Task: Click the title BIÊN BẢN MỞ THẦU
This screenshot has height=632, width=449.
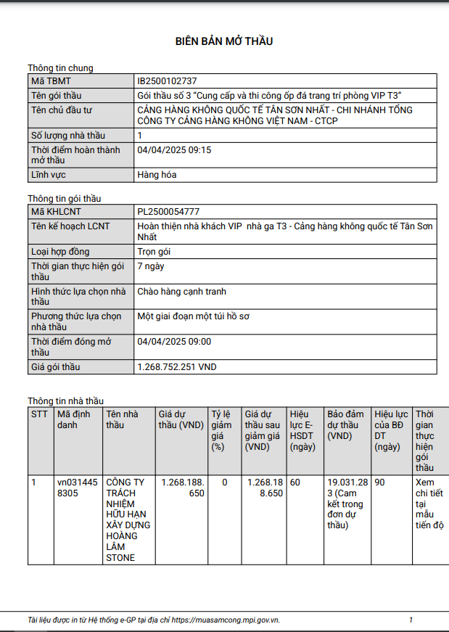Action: click(224, 41)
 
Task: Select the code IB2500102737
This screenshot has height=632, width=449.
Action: click(167, 81)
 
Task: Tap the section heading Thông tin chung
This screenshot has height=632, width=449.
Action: click(60, 68)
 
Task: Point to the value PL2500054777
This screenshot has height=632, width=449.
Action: click(168, 212)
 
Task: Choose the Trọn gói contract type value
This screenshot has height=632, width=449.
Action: click(154, 252)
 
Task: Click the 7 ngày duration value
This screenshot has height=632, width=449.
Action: click(151, 266)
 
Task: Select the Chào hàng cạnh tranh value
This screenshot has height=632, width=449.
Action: click(181, 292)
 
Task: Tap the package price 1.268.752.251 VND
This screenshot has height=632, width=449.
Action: click(177, 367)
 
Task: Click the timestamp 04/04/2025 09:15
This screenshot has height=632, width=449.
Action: click(174, 150)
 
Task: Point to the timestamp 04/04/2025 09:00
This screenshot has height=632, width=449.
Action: click(174, 341)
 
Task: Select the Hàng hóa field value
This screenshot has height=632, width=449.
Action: click(157, 175)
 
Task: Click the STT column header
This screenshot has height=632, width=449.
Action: click(39, 414)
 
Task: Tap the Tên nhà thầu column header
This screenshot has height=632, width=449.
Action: click(122, 419)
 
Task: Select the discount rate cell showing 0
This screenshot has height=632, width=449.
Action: click(225, 482)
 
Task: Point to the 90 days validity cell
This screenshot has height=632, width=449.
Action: click(380, 482)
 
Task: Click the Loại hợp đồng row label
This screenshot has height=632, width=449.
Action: click(60, 252)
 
